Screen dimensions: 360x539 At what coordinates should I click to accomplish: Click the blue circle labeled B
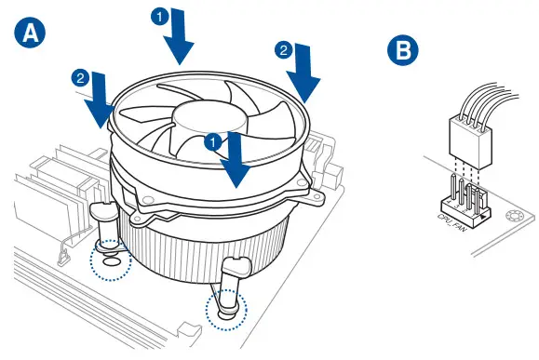point(402,49)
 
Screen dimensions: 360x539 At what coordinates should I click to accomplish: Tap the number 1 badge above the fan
point(160,17)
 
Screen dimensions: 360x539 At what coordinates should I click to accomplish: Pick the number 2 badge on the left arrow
point(83,78)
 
